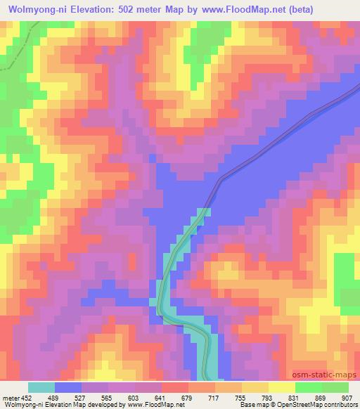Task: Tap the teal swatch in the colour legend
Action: [41, 387]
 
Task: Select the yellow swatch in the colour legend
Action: [282, 387]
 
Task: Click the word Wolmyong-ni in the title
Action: [32, 9]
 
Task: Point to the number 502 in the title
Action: [129, 9]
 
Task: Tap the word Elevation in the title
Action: [88, 9]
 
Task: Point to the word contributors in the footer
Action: [341, 405]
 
